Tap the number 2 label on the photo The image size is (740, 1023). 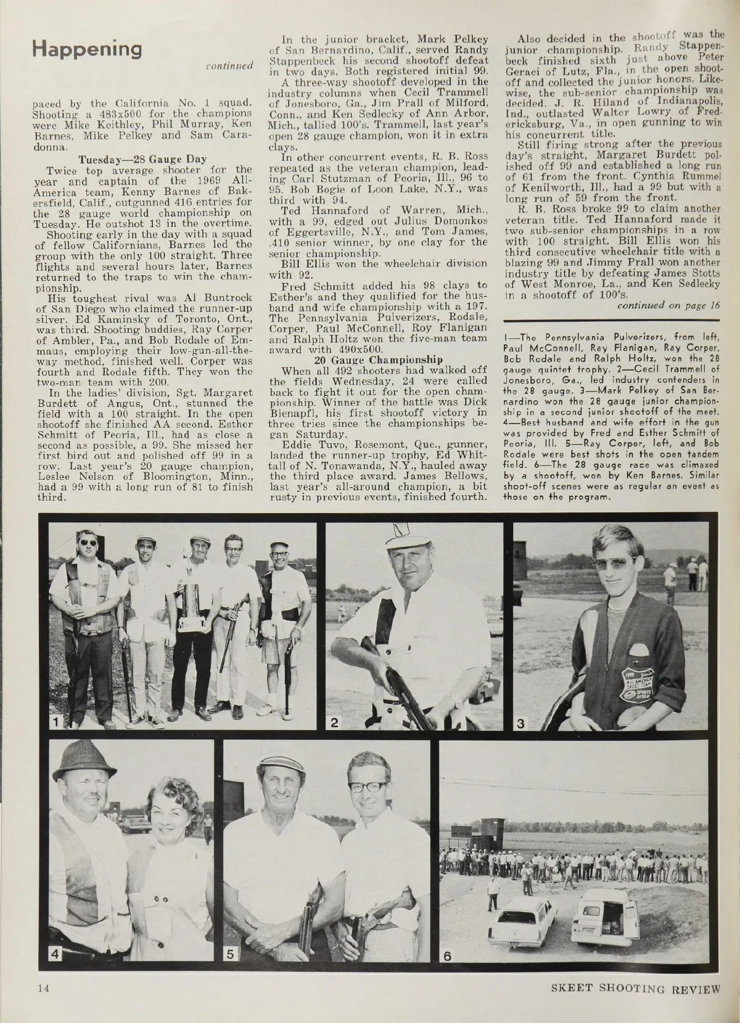point(334,721)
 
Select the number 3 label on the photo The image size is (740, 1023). point(521,721)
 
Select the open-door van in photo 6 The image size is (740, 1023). point(604,916)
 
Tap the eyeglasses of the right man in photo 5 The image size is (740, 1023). point(369,786)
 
